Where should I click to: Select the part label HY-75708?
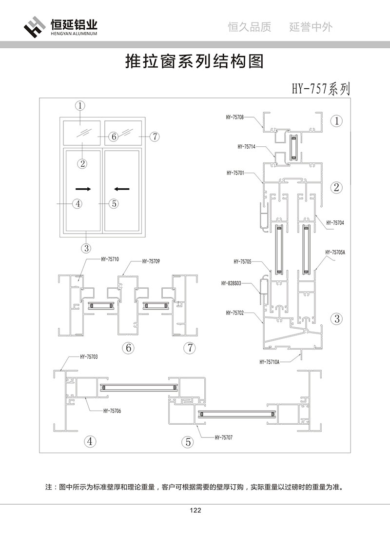pyautogui.click(x=234, y=117)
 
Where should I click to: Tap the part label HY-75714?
pyautogui.click(x=246, y=146)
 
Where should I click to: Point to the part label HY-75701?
pyautogui.click(x=235, y=173)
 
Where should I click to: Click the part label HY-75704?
pyautogui.click(x=335, y=222)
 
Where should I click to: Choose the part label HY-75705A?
pyautogui.click(x=335, y=252)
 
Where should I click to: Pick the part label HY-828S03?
pyautogui.click(x=231, y=283)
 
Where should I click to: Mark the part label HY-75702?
pyautogui.click(x=235, y=313)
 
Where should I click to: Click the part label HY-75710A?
pyautogui.click(x=270, y=362)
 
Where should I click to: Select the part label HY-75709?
pyautogui.click(x=151, y=261)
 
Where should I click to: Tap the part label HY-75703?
pyautogui.click(x=89, y=357)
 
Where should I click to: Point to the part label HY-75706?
pyautogui.click(x=112, y=411)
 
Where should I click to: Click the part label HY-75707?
pyautogui.click(x=223, y=437)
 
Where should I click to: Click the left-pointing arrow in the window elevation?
pyautogui.click(x=121, y=188)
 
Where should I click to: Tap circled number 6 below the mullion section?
pyautogui.click(x=129, y=348)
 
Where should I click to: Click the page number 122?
pyautogui.click(x=195, y=511)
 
